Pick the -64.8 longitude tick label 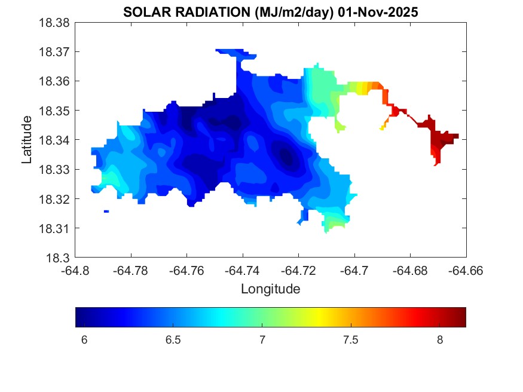75,270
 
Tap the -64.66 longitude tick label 466,270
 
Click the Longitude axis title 270,289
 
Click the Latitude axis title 27,140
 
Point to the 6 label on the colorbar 84,340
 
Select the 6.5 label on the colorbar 173,340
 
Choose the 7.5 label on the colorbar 350,340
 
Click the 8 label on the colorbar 439,340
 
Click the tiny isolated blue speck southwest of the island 106,211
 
